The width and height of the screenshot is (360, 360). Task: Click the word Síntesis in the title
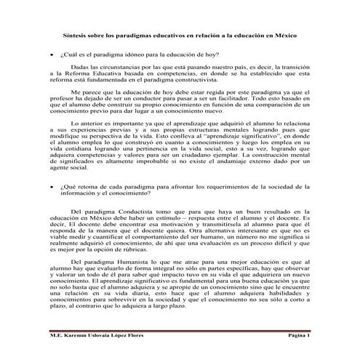[75, 35]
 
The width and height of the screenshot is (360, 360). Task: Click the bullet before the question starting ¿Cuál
[51, 55]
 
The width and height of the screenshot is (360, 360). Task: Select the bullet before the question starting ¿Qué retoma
[51, 187]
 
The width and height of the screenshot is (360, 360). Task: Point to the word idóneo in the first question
[129, 55]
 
